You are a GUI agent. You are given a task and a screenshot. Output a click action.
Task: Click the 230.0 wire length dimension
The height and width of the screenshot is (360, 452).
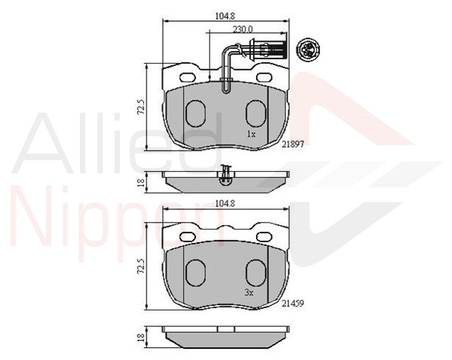tap(243, 29)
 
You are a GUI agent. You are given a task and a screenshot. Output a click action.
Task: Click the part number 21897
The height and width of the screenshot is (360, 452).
tap(293, 145)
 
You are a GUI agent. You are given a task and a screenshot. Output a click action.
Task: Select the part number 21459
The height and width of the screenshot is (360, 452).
tap(293, 303)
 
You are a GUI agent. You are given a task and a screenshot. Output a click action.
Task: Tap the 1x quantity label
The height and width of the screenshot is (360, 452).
tap(251, 134)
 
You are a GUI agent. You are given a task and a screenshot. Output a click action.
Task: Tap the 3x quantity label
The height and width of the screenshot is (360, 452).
tap(249, 293)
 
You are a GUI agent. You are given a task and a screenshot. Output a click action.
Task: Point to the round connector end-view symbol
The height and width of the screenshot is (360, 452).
tap(308, 49)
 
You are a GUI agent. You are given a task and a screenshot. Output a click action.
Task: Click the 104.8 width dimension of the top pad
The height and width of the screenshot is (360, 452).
tap(225, 16)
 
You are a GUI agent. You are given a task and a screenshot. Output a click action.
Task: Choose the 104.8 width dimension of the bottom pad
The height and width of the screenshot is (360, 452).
tap(225, 203)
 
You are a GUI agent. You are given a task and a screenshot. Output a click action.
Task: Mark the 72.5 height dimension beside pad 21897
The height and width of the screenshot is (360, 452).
tap(141, 107)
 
